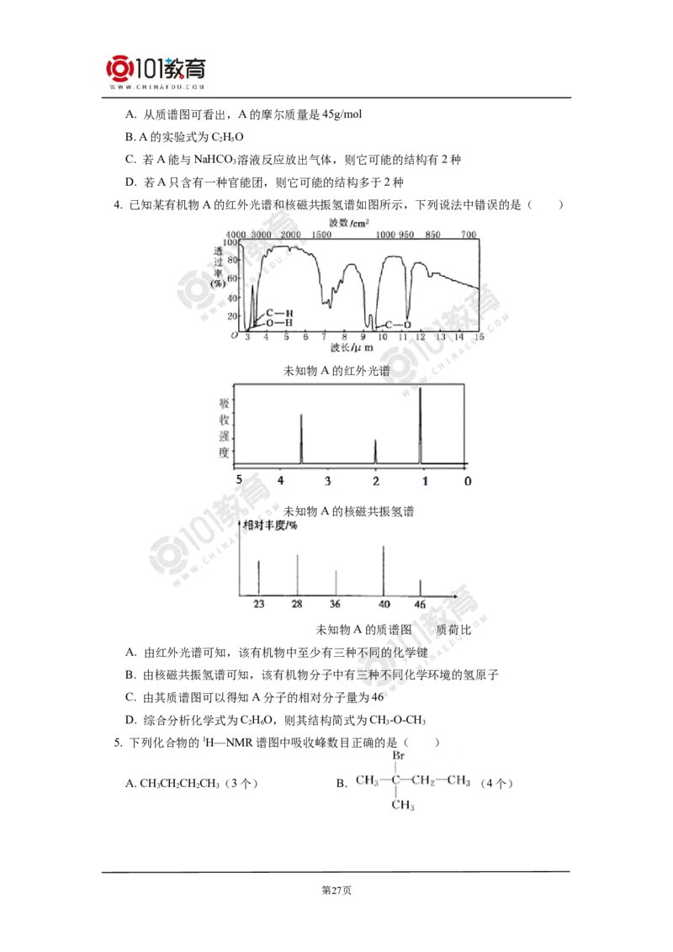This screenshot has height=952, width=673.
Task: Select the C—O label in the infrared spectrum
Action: (x=398, y=325)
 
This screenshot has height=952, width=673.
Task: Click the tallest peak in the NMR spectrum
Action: (x=421, y=426)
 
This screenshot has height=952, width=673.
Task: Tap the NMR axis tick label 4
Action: (x=281, y=481)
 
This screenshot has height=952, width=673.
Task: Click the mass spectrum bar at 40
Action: (x=384, y=571)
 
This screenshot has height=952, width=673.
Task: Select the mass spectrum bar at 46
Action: (x=421, y=588)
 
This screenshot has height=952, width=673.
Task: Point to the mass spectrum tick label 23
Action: (x=259, y=604)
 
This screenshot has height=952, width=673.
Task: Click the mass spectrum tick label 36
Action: (x=335, y=604)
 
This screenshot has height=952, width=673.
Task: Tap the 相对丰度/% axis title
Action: (x=270, y=525)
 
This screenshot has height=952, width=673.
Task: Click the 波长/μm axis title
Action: (x=352, y=348)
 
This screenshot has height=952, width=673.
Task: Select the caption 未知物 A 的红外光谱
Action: (x=336, y=371)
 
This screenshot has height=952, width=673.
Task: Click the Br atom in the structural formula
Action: (x=399, y=756)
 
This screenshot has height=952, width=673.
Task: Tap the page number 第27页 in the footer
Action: (x=336, y=891)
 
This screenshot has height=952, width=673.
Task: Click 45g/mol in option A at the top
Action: (x=342, y=114)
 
